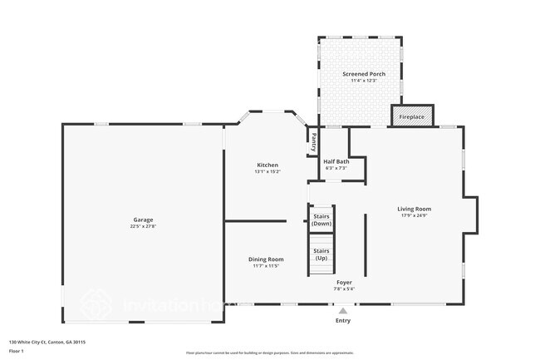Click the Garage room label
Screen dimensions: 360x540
tap(143, 220)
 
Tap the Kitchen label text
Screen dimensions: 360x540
tap(267, 165)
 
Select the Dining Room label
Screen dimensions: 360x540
tap(267, 259)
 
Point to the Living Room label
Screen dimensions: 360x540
tap(415, 209)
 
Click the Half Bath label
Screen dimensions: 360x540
tap(336, 161)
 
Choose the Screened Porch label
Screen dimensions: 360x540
tap(364, 74)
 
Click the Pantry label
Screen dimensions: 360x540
tap(314, 141)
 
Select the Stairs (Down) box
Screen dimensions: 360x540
tap(322, 219)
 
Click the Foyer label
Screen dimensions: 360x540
tap(344, 283)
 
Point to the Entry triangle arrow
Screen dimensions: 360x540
tap(342, 311)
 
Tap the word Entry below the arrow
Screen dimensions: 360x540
tap(342, 320)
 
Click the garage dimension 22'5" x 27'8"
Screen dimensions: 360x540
tap(143, 226)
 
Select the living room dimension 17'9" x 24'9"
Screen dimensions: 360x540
tap(415, 215)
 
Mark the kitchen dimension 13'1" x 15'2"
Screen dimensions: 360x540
tap(267, 171)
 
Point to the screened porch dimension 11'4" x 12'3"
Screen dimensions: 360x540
tap(364, 81)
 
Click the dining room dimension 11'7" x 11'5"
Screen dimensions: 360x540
tap(267, 266)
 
